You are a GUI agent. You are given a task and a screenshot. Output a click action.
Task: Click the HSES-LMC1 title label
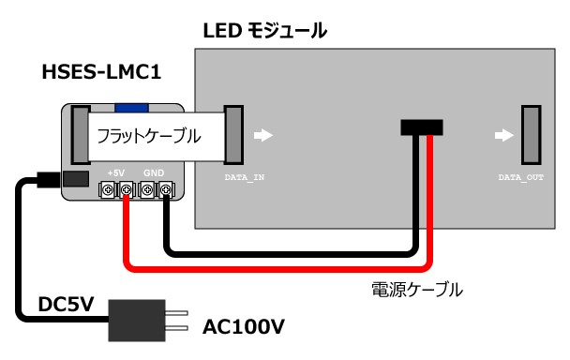click(101, 72)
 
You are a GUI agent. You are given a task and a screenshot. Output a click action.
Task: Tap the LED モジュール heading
click(265, 31)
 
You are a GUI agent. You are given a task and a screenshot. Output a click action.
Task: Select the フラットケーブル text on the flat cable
click(149, 136)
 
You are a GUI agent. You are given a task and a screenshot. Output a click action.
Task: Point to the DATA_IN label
click(245, 177)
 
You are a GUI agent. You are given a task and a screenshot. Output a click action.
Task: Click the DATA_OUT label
click(521, 177)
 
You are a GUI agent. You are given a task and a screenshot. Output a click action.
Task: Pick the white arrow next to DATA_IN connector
click(263, 135)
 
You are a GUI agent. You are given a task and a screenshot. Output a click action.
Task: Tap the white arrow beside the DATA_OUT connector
click(503, 135)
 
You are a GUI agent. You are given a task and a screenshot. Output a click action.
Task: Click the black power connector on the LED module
click(422, 127)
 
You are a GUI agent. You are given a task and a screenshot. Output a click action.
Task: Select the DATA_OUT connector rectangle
click(532, 135)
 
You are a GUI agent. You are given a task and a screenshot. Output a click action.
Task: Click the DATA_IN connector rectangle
click(233, 135)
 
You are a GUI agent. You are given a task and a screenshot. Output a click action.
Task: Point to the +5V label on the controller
click(116, 173)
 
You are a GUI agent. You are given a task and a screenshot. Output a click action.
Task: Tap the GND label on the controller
click(154, 173)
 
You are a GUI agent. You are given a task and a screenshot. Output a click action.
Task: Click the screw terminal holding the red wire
click(127, 189)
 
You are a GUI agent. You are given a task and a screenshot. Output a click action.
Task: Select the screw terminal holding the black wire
click(165, 189)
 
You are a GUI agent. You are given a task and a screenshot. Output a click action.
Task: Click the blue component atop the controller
click(131, 108)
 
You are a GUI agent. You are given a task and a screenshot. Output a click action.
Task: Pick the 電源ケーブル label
click(417, 290)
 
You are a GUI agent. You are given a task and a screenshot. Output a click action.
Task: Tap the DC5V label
click(67, 304)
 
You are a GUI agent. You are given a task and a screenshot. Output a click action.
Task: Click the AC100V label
click(244, 326)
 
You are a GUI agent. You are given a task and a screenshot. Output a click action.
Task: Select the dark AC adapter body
click(137, 321)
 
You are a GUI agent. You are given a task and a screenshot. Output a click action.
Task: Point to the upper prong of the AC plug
click(176, 313)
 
